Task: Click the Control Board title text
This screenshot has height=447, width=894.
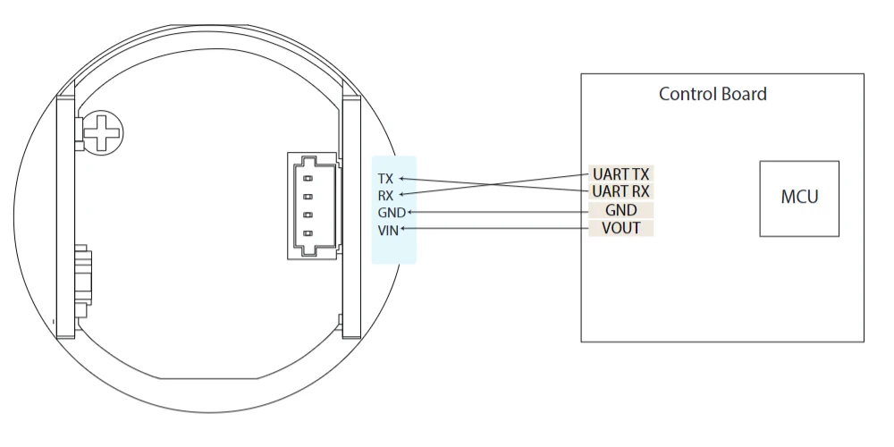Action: click(x=713, y=94)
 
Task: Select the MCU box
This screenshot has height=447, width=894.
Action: click(x=799, y=198)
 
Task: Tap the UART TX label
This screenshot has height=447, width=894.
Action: click(x=621, y=174)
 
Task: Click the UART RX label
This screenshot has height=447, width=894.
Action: click(x=621, y=191)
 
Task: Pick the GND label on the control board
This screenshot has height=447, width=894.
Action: click(x=621, y=210)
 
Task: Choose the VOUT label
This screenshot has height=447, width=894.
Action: click(x=621, y=228)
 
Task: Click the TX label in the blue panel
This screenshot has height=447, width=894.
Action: click(x=385, y=179)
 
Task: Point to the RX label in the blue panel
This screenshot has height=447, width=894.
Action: click(x=385, y=196)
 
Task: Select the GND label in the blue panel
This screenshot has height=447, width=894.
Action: click(x=392, y=213)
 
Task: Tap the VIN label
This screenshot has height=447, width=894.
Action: click(x=388, y=231)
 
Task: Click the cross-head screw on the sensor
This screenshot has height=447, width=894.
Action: click(x=102, y=133)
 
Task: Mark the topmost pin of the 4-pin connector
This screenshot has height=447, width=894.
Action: click(x=308, y=179)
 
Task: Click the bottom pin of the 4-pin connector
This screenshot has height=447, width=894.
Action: click(x=308, y=233)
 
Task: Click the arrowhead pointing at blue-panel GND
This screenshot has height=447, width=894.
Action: click(x=409, y=212)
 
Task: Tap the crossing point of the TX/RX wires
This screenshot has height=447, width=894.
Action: click(x=492, y=185)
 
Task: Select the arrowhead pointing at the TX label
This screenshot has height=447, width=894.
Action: click(x=401, y=179)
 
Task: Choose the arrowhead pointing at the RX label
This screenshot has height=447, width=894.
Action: click(x=401, y=195)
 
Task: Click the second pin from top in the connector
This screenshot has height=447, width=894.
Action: click(x=308, y=197)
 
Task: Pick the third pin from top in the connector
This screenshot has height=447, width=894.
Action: click(x=308, y=215)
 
